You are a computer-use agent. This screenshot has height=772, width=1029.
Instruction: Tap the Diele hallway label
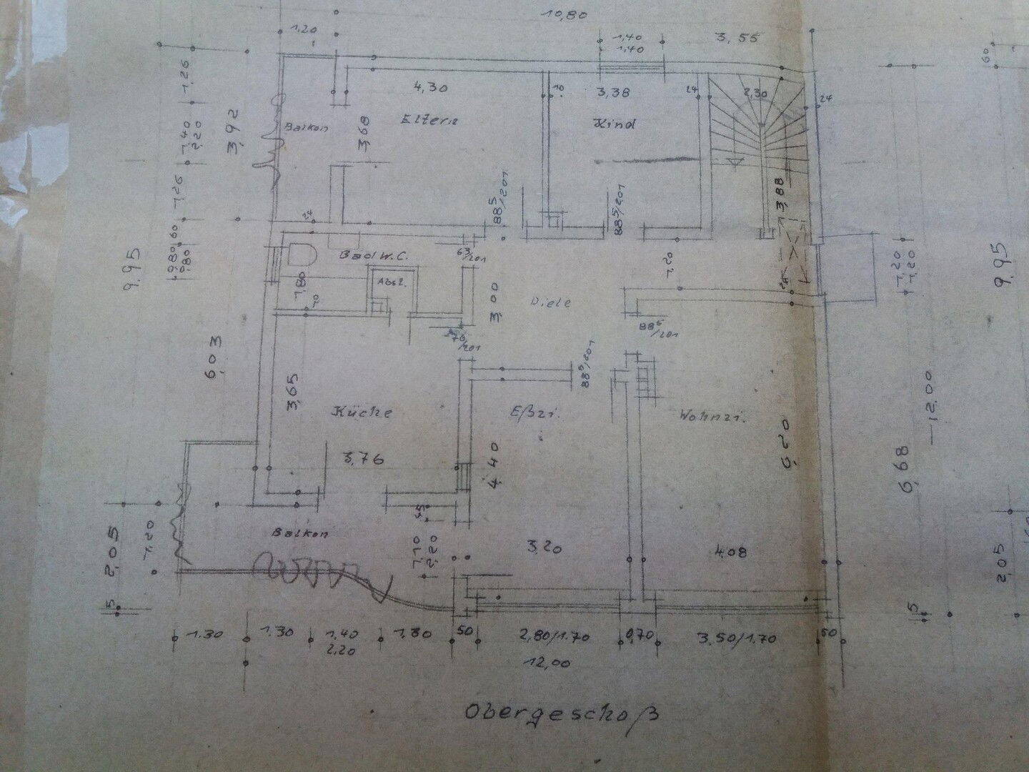550,302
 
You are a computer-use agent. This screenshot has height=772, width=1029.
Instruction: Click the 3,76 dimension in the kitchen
364,457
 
